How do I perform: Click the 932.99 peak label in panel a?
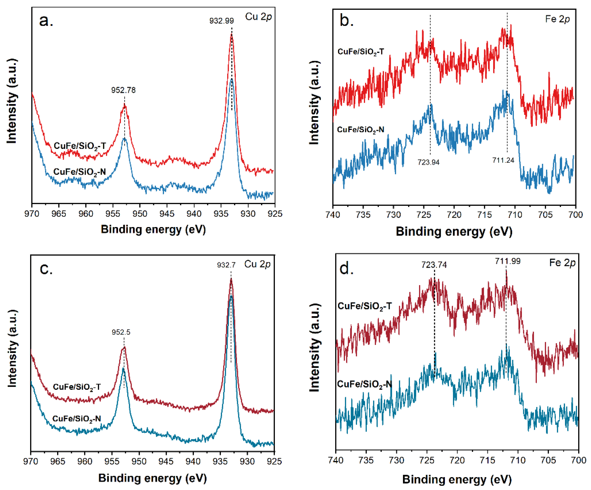tap(222, 21)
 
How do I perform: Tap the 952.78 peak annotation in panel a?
tap(123, 90)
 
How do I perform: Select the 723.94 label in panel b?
tap(428, 162)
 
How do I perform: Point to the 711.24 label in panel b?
tap(503, 160)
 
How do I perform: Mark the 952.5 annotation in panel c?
tap(121, 332)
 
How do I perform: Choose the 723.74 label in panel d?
tap(434, 265)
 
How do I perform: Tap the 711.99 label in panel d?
tap(508, 261)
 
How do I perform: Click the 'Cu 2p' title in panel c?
tap(257, 264)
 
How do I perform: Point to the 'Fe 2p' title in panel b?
tap(557, 19)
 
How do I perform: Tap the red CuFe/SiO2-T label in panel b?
tap(360, 52)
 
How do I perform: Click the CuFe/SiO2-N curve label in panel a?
tap(79, 172)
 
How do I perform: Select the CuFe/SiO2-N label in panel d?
tap(364, 384)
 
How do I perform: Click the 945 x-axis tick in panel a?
tap(167, 214)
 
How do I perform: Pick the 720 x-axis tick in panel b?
tap(454, 215)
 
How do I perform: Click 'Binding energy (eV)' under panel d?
tap(457, 480)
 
